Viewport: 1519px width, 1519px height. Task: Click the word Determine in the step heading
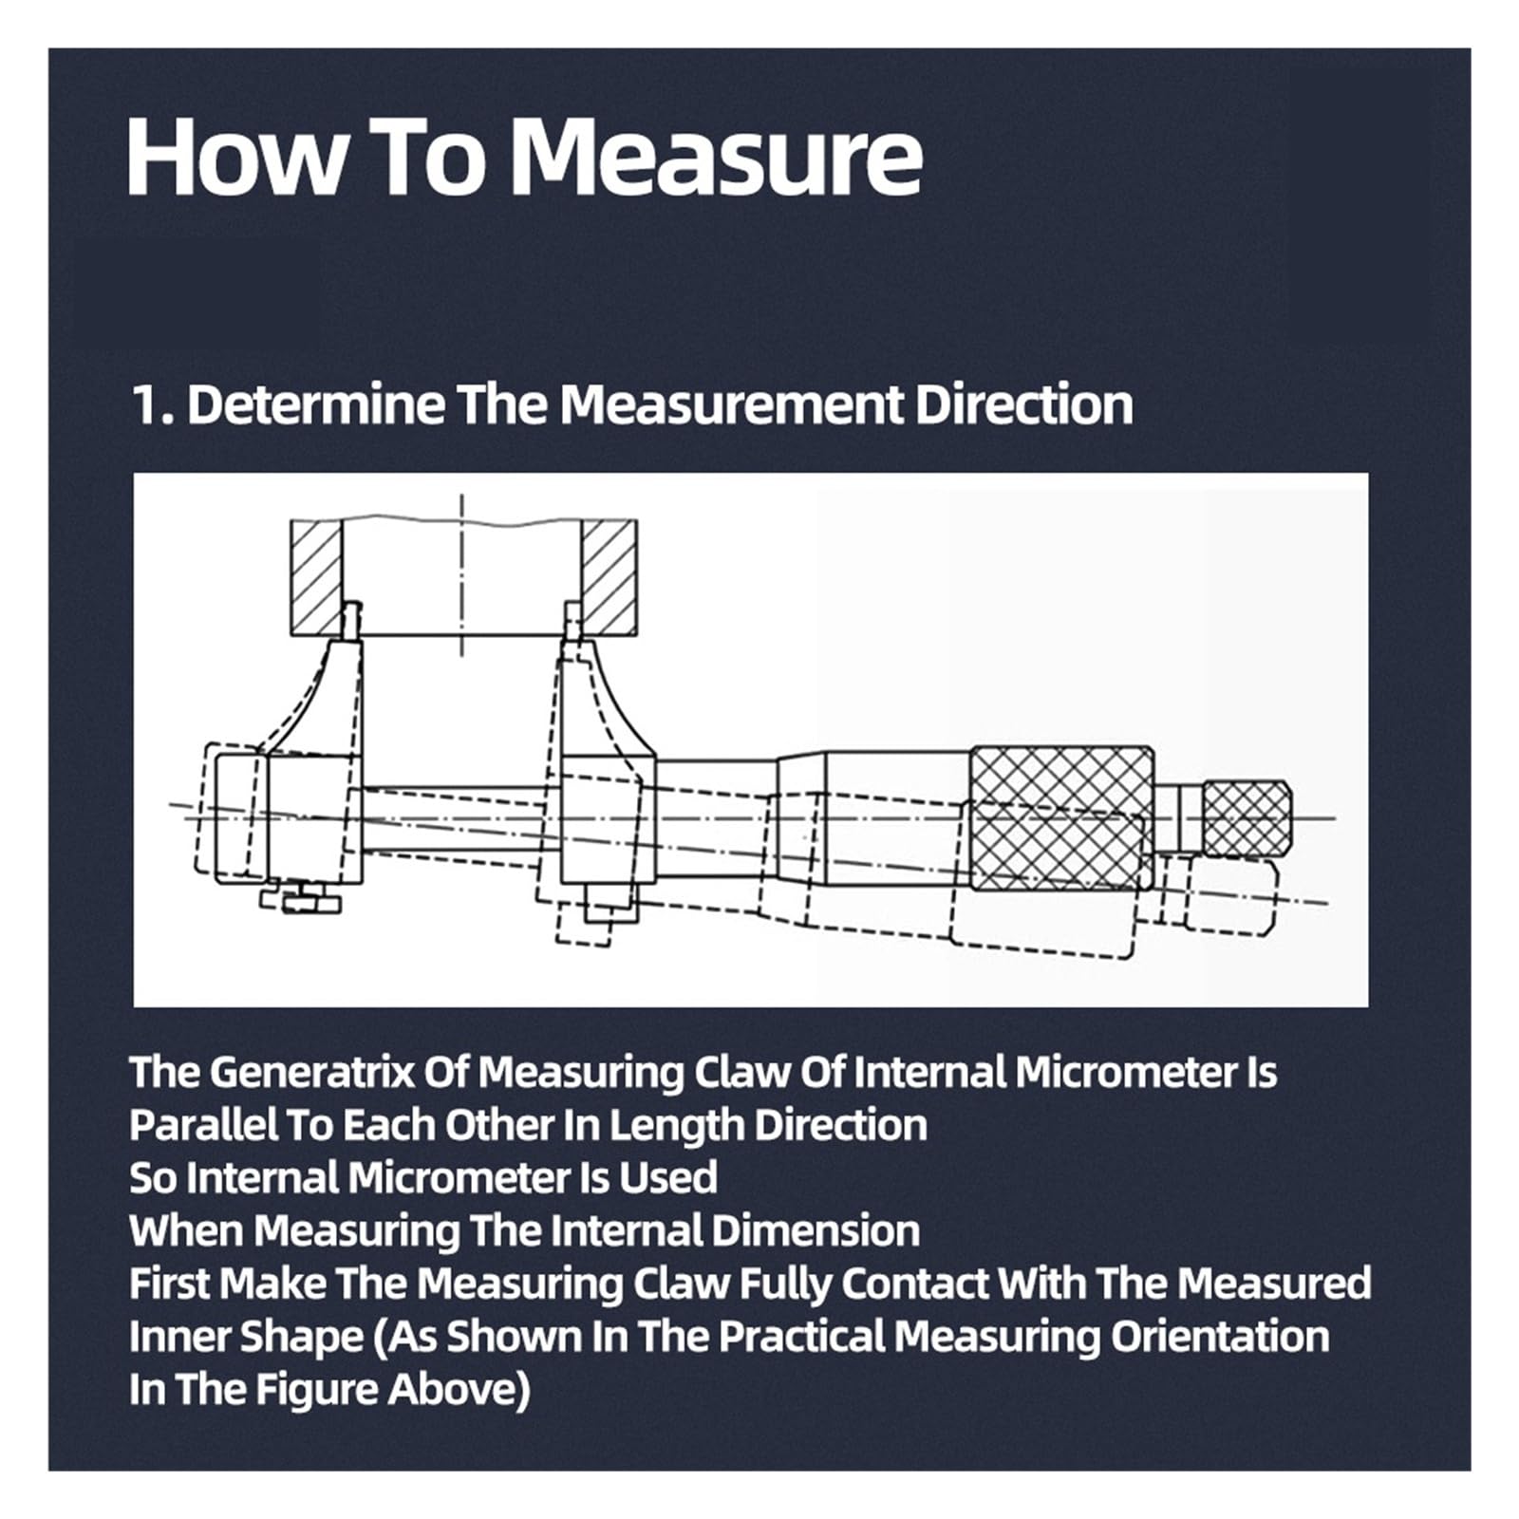point(316,405)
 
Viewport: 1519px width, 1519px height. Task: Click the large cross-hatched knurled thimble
point(1062,818)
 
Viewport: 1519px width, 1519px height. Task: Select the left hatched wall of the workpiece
point(315,577)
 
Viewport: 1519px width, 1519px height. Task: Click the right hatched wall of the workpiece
point(609,577)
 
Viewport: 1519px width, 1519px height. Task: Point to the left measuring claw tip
point(351,620)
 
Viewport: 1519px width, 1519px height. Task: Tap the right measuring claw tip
point(572,620)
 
